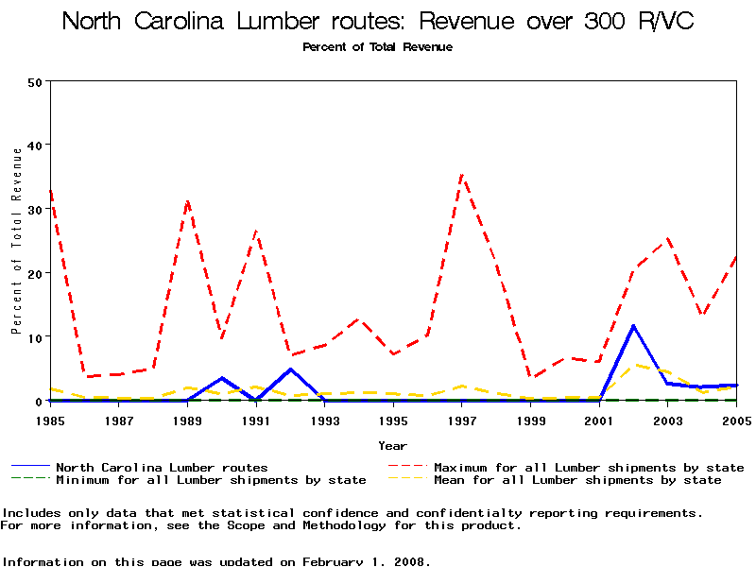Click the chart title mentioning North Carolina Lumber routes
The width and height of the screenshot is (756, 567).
378,22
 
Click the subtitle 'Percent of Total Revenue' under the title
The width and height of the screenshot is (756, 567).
377,47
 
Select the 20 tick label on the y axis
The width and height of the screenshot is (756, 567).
36,273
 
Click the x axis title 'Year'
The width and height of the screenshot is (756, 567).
392,445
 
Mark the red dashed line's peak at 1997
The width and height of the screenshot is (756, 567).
462,175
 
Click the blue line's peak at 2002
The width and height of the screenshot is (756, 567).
633,326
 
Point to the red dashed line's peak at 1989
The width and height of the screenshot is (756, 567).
187,200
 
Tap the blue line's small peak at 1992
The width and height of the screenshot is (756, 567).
291,369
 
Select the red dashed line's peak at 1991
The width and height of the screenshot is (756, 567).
256,231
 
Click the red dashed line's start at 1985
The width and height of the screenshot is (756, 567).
50,192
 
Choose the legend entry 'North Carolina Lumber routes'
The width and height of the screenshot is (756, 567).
162,467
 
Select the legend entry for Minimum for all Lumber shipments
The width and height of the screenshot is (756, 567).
210,480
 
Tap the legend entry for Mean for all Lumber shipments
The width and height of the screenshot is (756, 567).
576,480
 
